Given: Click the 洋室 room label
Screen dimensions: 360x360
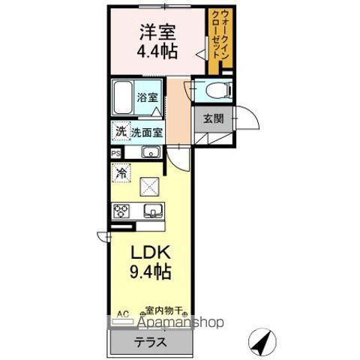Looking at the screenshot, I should tap(156, 32).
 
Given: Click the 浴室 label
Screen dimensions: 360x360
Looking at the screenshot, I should tap(148, 97).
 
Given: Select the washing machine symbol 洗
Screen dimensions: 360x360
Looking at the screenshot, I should tap(120, 132).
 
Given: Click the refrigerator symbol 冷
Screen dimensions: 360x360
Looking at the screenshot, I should tap(120, 173).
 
